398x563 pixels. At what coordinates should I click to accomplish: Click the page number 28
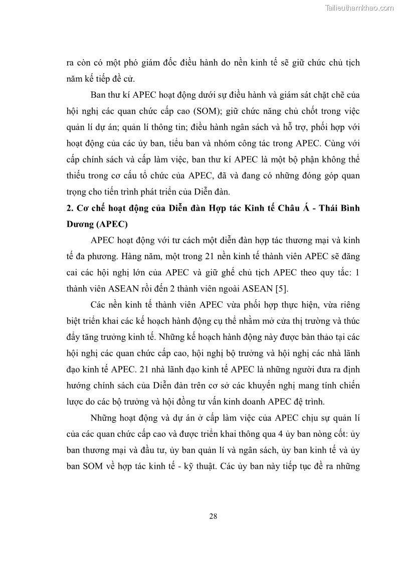[213, 515]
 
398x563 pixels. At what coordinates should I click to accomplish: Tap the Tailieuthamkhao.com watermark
[360, 8]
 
